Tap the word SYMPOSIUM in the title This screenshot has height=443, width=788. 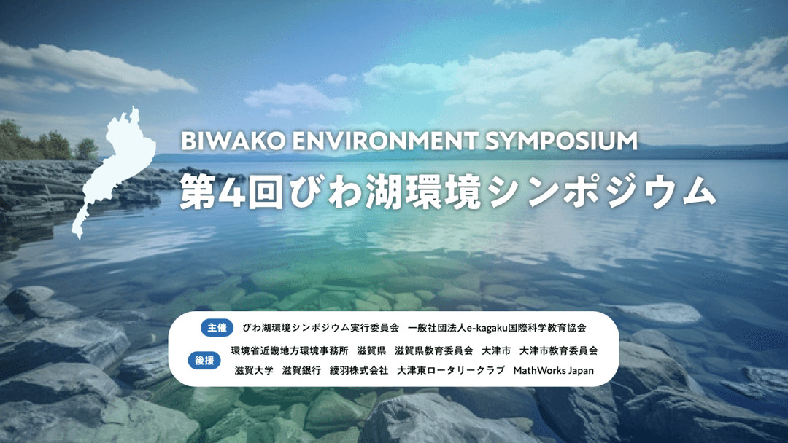pos(561,141)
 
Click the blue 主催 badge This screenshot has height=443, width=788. pos(217,328)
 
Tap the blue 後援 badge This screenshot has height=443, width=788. pos(204,360)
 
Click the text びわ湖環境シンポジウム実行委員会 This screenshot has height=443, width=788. pos(320,328)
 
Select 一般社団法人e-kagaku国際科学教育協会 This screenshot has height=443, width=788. pos(497,328)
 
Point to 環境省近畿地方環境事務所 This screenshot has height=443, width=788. pos(290,350)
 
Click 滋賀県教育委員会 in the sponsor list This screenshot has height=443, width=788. pos(433,350)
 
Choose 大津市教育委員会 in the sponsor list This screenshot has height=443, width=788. pos(558,350)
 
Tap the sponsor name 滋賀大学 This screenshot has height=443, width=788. pos(254,370)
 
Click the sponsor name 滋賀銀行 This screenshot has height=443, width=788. pos(301,370)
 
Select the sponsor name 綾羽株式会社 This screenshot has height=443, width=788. pos(359,370)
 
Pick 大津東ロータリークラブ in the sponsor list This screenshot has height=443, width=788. pos(451,370)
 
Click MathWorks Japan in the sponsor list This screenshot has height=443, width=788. pos(553,370)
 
